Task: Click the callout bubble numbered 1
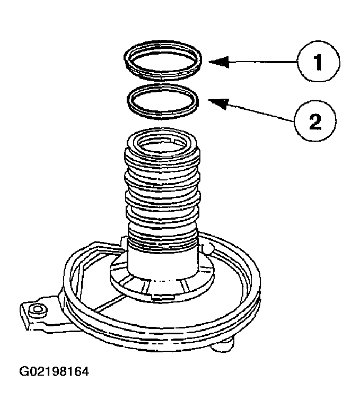point(318,62)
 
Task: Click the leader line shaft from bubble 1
point(260,63)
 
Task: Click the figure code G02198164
point(54,371)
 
